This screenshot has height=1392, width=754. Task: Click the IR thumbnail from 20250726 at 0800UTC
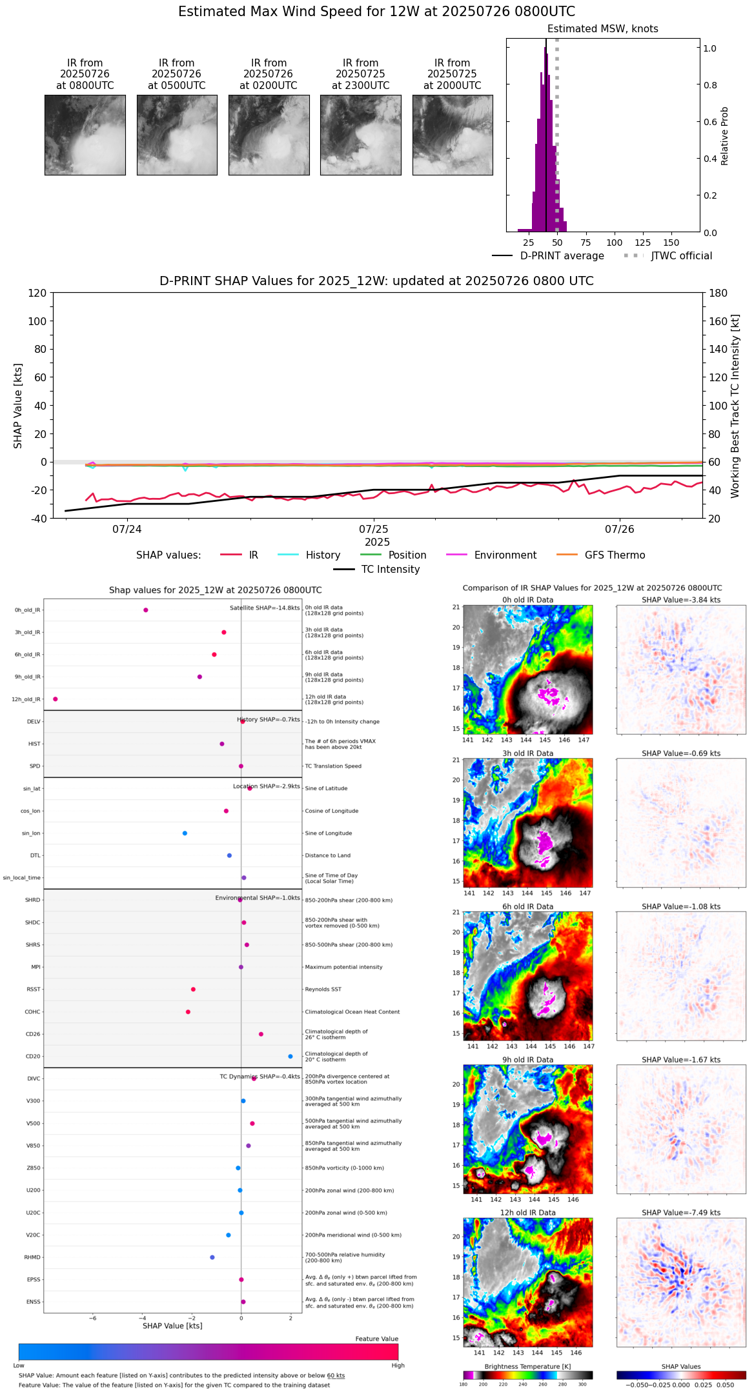point(85,135)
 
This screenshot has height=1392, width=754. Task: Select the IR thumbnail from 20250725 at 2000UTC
point(453,135)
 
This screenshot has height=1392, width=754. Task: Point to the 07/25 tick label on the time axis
point(374,529)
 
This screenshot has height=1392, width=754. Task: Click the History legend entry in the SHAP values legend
point(323,555)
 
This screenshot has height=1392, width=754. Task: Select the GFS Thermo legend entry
point(615,555)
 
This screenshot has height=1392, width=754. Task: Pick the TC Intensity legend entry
point(390,570)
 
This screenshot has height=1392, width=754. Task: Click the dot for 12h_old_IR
point(56,699)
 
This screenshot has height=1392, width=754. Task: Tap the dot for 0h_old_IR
point(146,610)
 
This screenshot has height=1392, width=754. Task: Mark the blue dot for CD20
point(290,1057)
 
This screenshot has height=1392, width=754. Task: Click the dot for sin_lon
point(185,833)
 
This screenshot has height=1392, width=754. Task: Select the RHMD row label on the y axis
point(33,1257)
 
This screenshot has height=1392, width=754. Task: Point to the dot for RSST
point(193,989)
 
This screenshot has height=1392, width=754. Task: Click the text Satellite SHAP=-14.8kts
point(265,608)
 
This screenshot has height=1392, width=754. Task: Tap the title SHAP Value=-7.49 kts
point(681,1213)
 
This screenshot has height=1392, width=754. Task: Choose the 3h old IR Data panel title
point(527,753)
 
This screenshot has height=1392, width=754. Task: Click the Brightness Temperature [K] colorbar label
point(527,1367)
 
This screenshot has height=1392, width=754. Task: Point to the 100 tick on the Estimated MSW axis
point(615,243)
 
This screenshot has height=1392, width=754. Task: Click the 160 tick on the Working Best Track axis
point(718,321)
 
